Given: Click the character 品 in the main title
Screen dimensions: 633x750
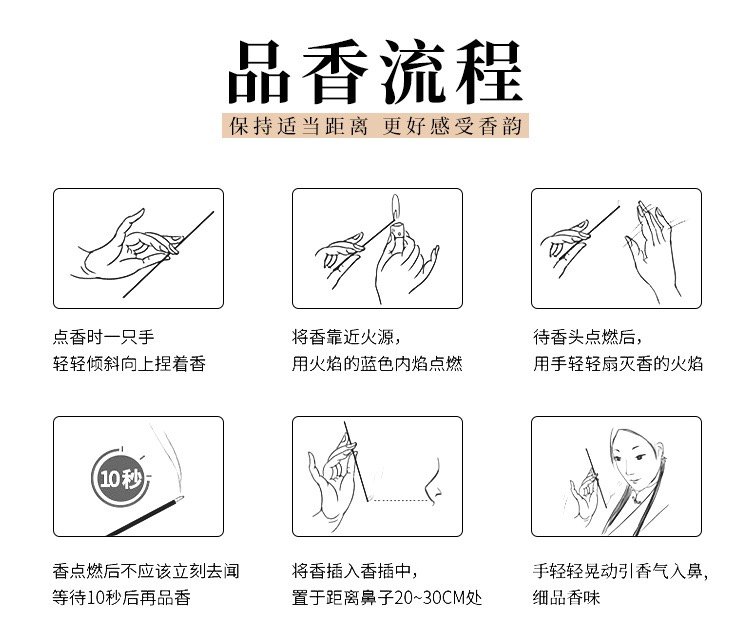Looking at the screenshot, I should point(264,73).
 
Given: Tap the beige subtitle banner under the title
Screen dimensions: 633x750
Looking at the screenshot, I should point(375,127).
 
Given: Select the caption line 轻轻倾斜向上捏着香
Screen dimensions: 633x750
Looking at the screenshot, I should point(129,364).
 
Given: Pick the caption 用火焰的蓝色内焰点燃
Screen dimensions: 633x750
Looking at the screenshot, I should point(377,364).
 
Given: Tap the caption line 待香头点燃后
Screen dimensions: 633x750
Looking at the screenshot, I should point(587,337).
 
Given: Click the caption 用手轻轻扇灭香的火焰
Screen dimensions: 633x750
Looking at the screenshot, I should point(617,364).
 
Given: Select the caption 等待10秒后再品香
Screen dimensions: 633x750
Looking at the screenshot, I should point(121,599).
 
